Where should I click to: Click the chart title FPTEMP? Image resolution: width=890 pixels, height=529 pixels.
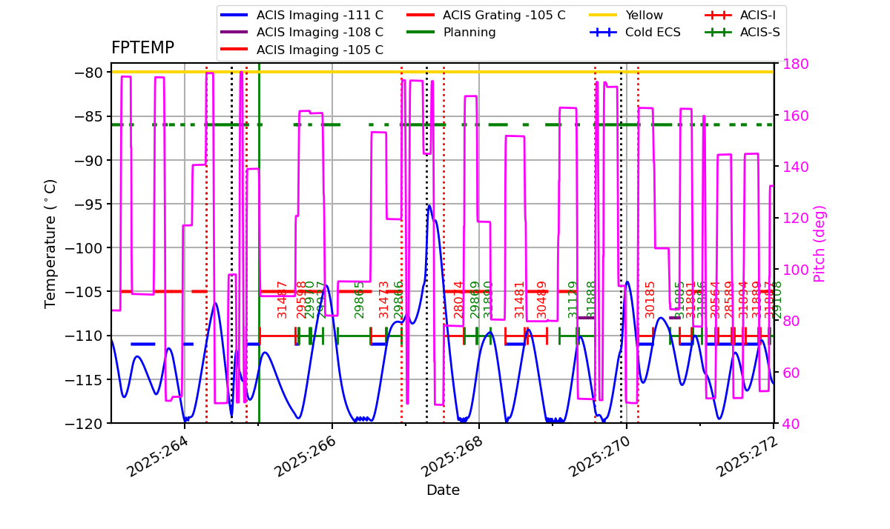click(x=142, y=48)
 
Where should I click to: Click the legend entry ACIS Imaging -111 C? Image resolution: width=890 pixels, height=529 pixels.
click(x=320, y=16)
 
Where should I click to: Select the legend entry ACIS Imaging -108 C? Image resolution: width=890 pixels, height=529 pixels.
click(x=320, y=33)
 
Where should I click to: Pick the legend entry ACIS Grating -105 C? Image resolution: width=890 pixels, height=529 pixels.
click(x=504, y=16)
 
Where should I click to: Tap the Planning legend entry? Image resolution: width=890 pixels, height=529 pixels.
click(x=469, y=33)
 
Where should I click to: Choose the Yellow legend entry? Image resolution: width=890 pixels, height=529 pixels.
click(x=644, y=16)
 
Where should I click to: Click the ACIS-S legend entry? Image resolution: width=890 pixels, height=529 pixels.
click(x=759, y=33)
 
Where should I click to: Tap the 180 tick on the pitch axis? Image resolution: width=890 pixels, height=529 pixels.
click(x=792, y=64)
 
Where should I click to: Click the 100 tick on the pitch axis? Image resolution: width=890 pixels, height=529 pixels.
click(x=792, y=270)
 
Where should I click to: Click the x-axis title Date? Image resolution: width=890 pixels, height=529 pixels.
click(x=443, y=490)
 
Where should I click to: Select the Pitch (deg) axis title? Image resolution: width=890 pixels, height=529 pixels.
click(x=820, y=244)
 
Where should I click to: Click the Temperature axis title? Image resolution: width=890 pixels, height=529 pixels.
click(x=50, y=243)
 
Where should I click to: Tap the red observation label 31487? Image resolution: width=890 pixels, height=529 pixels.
click(x=282, y=299)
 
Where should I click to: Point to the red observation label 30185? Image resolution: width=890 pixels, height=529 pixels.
click(x=650, y=299)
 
